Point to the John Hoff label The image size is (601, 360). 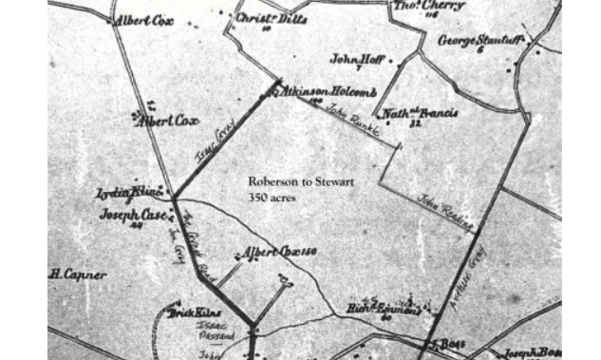pos(356,60)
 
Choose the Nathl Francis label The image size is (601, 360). pos(420,113)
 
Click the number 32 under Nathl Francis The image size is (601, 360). pos(415,123)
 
